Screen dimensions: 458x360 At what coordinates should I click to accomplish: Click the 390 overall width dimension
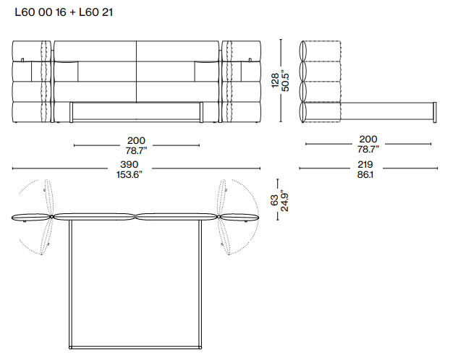pos(129,165)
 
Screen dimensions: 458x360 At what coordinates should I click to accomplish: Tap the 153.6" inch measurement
pos(129,175)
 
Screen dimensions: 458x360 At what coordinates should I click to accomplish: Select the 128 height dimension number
pos(275,80)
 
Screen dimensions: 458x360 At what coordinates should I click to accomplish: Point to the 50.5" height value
pos(285,80)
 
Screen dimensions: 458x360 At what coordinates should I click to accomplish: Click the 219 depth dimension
pos(365,165)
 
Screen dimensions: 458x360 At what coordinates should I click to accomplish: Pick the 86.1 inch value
pos(365,175)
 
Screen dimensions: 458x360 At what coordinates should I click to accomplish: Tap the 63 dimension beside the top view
pos(274,200)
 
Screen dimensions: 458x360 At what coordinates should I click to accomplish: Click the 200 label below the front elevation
pos(136,141)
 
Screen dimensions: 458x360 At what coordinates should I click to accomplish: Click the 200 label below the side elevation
pos(368,140)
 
